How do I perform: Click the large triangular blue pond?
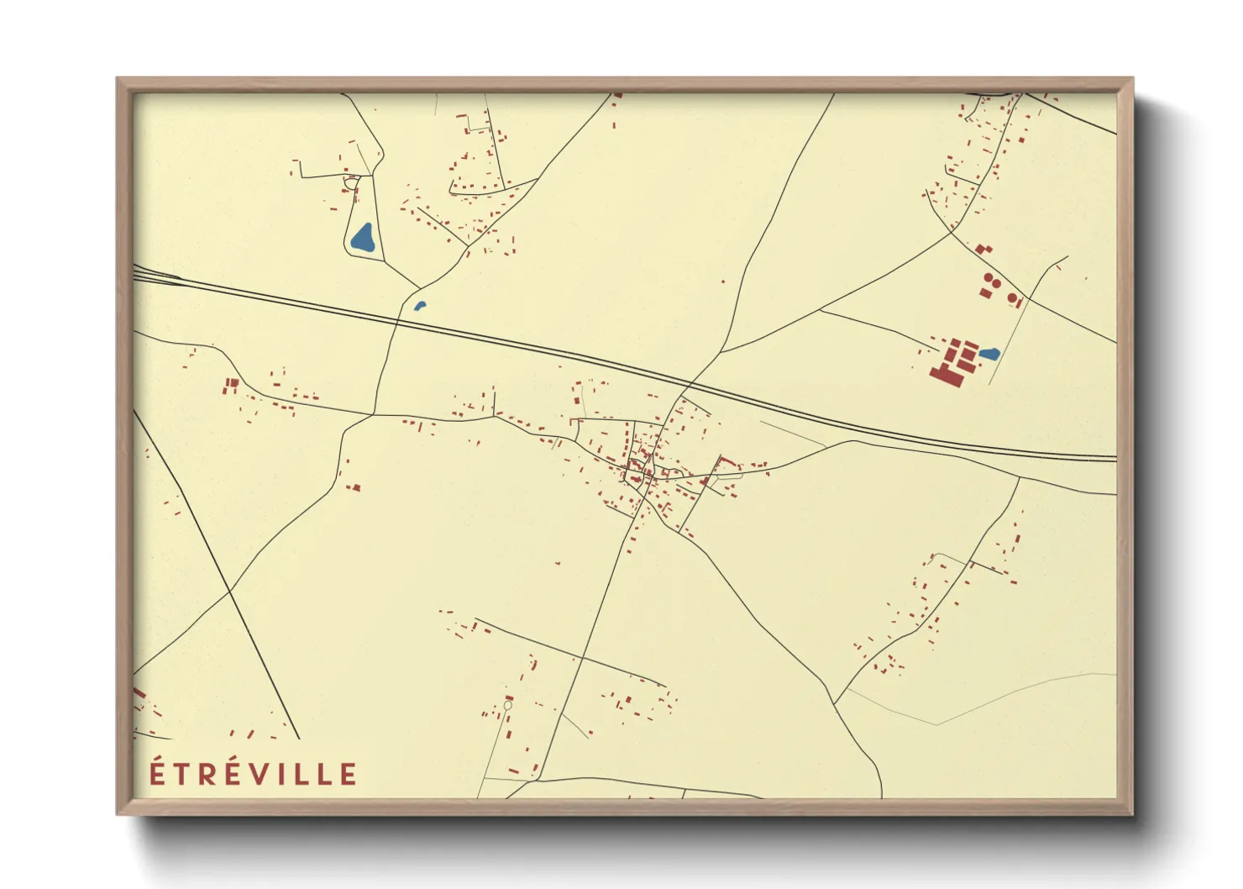[363, 239]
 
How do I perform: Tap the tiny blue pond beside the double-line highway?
[420, 306]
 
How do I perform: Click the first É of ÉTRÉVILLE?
[156, 772]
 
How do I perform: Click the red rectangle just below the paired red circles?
[986, 292]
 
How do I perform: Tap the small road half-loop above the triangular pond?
[351, 181]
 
